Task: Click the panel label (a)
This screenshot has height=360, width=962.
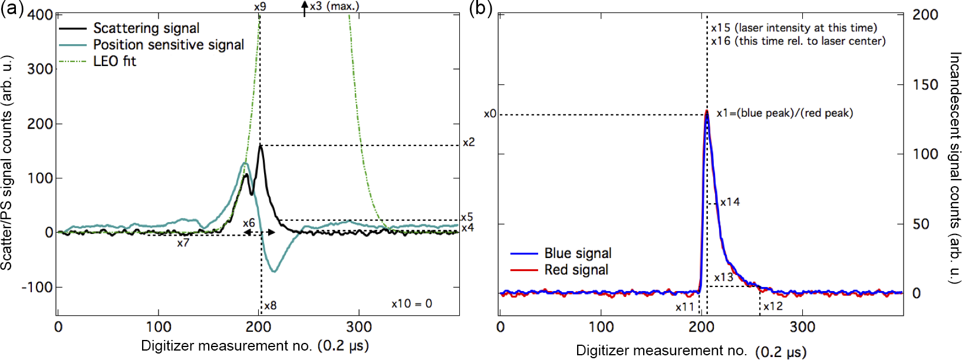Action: pos(12,9)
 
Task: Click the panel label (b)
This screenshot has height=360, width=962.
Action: pos(480,9)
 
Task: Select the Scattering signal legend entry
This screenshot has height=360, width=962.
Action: pos(146,28)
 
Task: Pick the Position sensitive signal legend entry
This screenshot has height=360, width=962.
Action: pos(168,45)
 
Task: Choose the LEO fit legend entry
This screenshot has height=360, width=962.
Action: pos(114,61)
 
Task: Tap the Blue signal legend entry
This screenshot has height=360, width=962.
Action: pos(578,253)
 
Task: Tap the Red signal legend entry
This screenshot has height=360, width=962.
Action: pos(576,270)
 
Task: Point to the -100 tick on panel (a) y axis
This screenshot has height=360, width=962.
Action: pos(37,288)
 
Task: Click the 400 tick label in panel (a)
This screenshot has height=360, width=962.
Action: pos(40,14)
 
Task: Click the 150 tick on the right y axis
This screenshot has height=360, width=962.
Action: pos(925,85)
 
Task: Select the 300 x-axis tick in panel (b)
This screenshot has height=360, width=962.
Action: pos(802,327)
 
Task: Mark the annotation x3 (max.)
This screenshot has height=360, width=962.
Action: pos(334,6)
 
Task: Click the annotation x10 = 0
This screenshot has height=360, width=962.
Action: pos(411,304)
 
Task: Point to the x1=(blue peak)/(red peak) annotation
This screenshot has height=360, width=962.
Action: pos(784,113)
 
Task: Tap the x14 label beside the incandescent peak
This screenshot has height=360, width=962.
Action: pos(730,202)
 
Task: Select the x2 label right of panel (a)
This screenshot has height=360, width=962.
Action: pos(469,143)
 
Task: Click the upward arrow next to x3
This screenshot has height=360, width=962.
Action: pos(304,8)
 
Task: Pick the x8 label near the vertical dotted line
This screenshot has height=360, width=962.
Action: pos(270,306)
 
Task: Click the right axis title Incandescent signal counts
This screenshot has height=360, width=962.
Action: pos(954,168)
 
